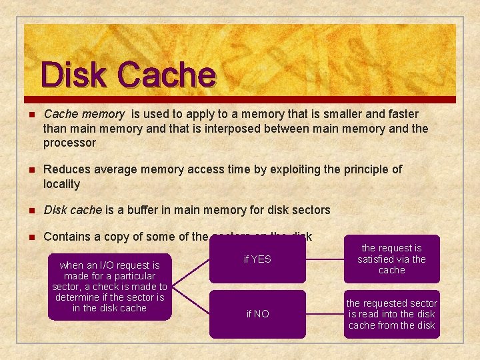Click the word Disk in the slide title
tap(73, 75)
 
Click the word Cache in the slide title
tap(167, 75)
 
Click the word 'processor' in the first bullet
tap(69, 143)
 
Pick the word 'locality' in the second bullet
tap(61, 184)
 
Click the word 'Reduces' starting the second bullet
tap(64, 169)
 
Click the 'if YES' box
tap(257, 259)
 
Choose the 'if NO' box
tap(257, 314)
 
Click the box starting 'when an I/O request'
tap(109, 287)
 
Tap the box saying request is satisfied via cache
tap(391, 259)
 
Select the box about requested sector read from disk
tap(391, 314)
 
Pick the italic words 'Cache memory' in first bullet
tap(83, 114)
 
